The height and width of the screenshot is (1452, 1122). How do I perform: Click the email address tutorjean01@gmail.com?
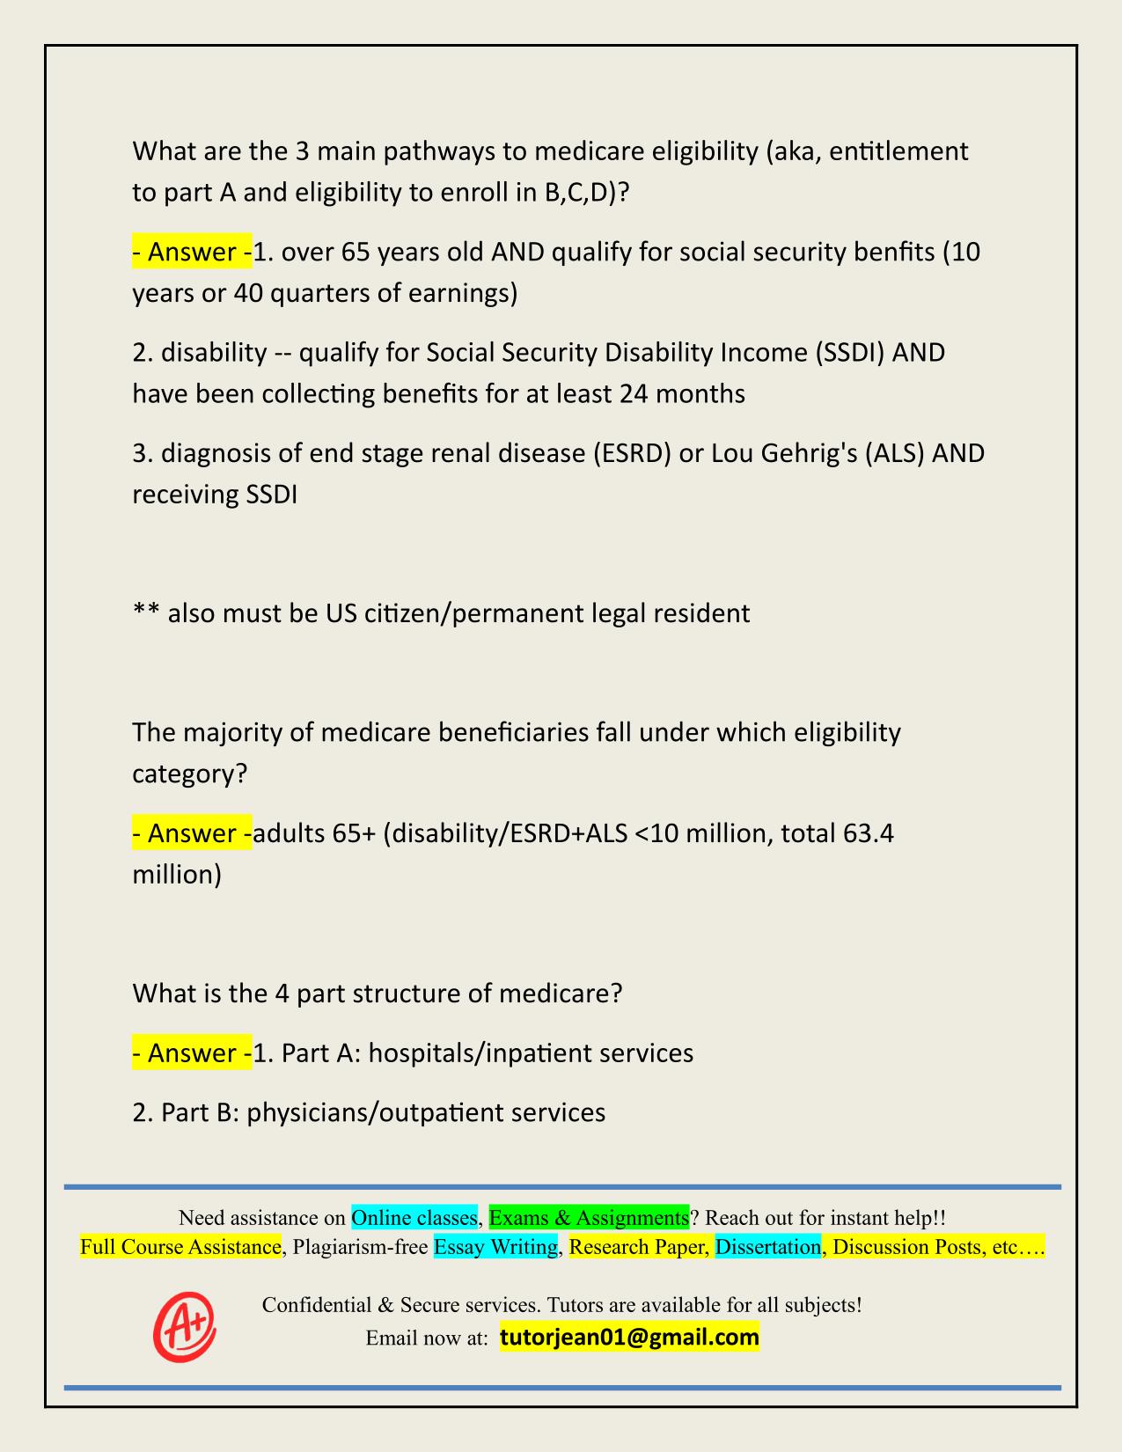click(x=629, y=1338)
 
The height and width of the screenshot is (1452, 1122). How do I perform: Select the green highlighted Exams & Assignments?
click(x=589, y=1218)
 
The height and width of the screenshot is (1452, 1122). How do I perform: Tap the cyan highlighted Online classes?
click(x=414, y=1218)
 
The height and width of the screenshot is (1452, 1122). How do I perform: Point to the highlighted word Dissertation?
click(x=767, y=1247)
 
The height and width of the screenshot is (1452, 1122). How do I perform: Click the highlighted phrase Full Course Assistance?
click(x=180, y=1247)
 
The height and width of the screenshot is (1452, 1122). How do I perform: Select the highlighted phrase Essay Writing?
click(x=495, y=1247)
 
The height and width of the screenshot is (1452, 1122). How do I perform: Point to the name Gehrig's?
click(x=802, y=454)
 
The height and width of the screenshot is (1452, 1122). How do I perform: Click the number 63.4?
click(x=868, y=833)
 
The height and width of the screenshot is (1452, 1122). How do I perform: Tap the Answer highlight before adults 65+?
click(x=192, y=833)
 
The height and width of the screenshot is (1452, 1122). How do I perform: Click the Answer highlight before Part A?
click(x=192, y=1053)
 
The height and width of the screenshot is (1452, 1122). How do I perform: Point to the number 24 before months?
click(x=634, y=393)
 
